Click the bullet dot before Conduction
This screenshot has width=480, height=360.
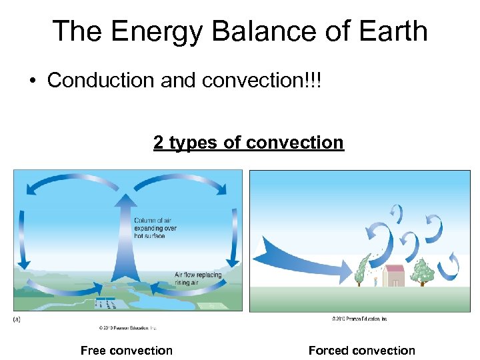[x=32, y=81]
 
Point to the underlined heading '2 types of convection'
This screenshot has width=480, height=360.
[x=248, y=142]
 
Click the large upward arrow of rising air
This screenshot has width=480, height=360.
[x=124, y=233]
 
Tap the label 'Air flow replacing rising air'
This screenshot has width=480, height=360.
[x=198, y=279]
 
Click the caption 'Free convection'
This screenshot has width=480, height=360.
[x=126, y=351]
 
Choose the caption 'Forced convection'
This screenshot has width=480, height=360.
[x=361, y=351]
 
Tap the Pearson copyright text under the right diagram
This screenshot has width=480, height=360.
[x=359, y=319]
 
